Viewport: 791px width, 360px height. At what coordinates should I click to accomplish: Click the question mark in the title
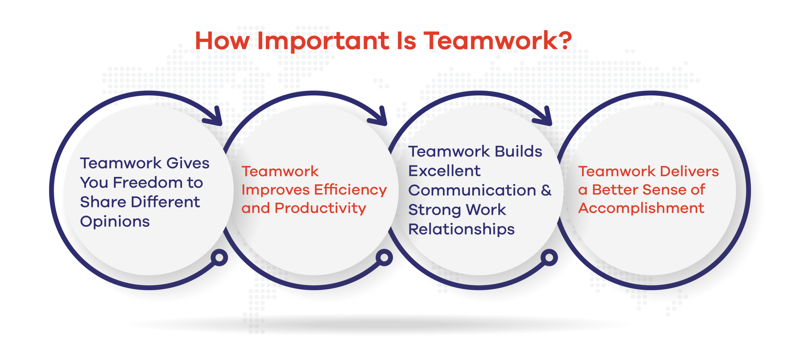[x=564, y=41]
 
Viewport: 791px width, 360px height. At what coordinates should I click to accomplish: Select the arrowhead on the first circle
[x=215, y=117]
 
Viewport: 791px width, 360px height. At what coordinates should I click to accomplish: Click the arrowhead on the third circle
[x=545, y=117]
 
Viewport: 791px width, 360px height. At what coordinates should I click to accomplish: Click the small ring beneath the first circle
[x=219, y=257]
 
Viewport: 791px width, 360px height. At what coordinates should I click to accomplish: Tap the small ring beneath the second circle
[x=384, y=257]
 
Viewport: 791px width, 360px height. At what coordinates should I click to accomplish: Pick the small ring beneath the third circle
[x=549, y=257]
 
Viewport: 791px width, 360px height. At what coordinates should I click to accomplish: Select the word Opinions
[x=115, y=222]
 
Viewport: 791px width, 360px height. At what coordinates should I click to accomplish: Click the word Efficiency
[x=350, y=190]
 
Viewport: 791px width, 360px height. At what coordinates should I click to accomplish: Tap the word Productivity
[x=320, y=208]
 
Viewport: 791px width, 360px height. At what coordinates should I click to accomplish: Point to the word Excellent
[x=444, y=171]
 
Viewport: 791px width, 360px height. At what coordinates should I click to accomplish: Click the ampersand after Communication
[x=546, y=190]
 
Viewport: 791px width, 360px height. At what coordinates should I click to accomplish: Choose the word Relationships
[x=461, y=229]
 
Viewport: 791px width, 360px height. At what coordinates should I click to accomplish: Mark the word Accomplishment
[x=641, y=208]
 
